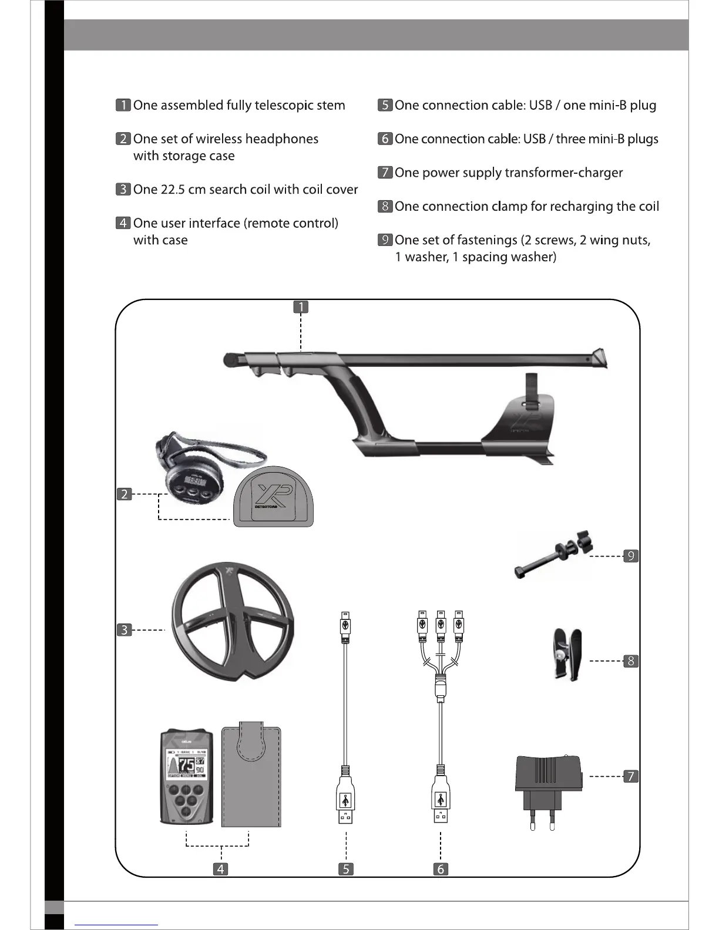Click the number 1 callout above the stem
[x=301, y=306]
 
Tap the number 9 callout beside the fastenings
[x=630, y=555]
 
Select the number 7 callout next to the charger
[x=630, y=776]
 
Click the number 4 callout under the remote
[x=220, y=869]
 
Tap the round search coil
[x=233, y=622]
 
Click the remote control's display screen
[x=186, y=764]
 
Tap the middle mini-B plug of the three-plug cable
[x=441, y=625]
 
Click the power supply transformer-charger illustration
[x=549, y=784]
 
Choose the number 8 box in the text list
[x=385, y=206]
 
